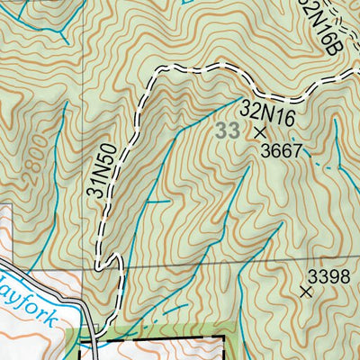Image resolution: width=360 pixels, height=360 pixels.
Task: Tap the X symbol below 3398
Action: (x=305, y=291)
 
